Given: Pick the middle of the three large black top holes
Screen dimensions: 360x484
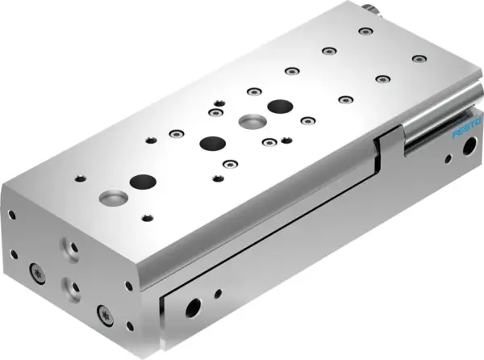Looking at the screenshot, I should pos(213,143).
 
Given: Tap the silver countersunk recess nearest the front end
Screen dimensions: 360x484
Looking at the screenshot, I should pos(110,196).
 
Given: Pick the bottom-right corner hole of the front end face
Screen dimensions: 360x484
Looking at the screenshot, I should pos(127,325).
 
